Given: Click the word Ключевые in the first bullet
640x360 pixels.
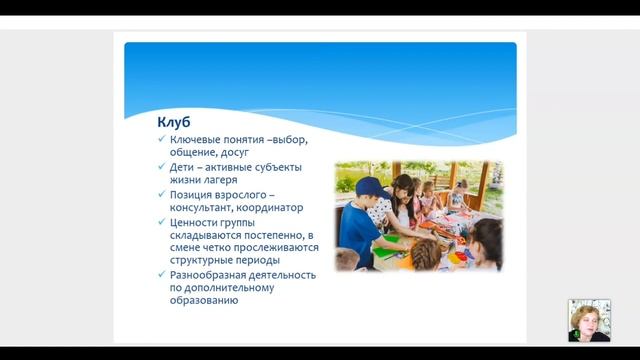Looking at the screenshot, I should pyautogui.click(x=197, y=139).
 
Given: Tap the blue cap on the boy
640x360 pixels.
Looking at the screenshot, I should pyautogui.click(x=369, y=186).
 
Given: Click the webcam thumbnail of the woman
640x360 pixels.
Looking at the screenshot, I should pyautogui.click(x=588, y=320).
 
